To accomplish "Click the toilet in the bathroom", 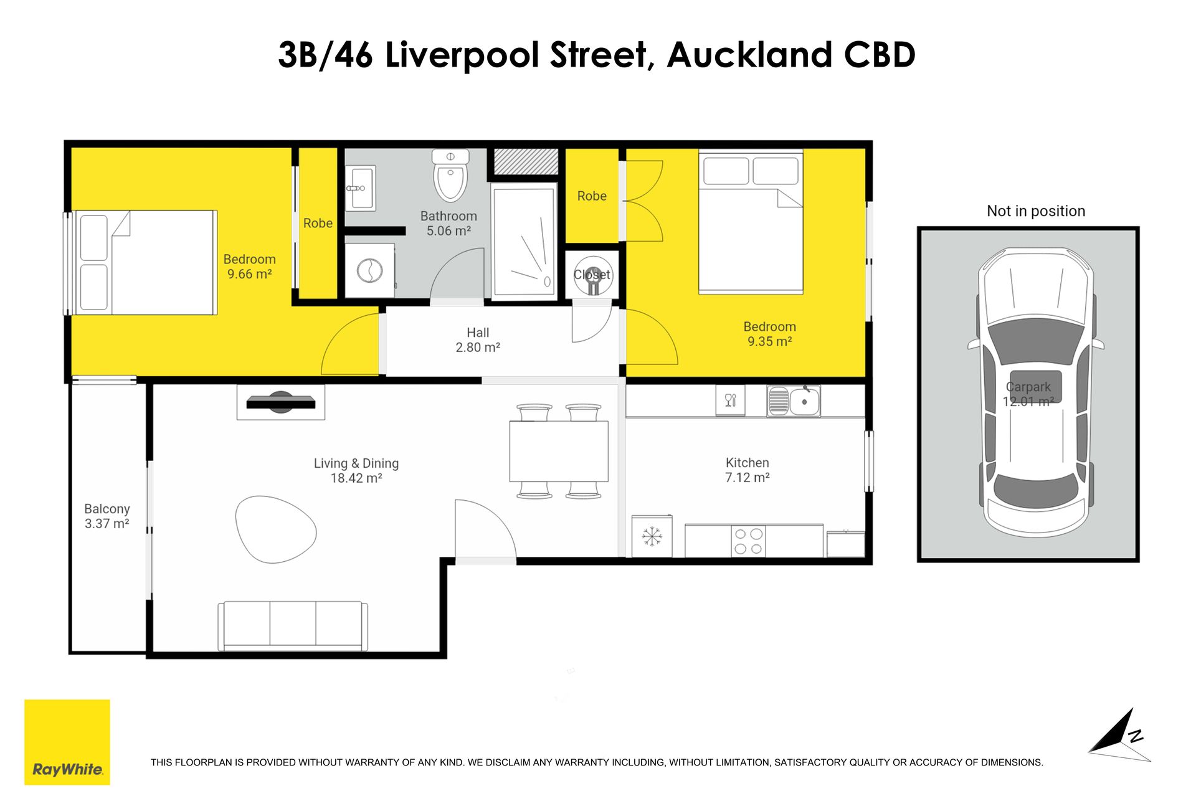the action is pyautogui.click(x=450, y=175).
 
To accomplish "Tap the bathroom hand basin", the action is pyautogui.click(x=360, y=187).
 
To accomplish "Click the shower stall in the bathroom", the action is pyautogui.click(x=523, y=242).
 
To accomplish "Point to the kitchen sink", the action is pyautogui.click(x=794, y=400).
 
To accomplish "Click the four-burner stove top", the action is pyautogui.click(x=748, y=541).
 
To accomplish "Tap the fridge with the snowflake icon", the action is pyautogui.click(x=652, y=536).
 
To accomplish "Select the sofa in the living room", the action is pyautogui.click(x=292, y=625).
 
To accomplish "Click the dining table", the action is pyautogui.click(x=559, y=452).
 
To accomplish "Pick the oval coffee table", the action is pyautogui.click(x=276, y=529).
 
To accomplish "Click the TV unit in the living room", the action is pyautogui.click(x=281, y=402).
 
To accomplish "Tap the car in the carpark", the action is pyautogui.click(x=1035, y=393).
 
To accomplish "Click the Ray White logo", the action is pyautogui.click(x=67, y=742).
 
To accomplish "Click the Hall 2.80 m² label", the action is pyautogui.click(x=478, y=340).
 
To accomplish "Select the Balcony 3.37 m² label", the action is pyautogui.click(x=107, y=516).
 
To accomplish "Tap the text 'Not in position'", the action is pyautogui.click(x=1036, y=211).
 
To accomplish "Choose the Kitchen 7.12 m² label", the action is pyautogui.click(x=747, y=470).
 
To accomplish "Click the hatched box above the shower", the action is pyautogui.click(x=526, y=162).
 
